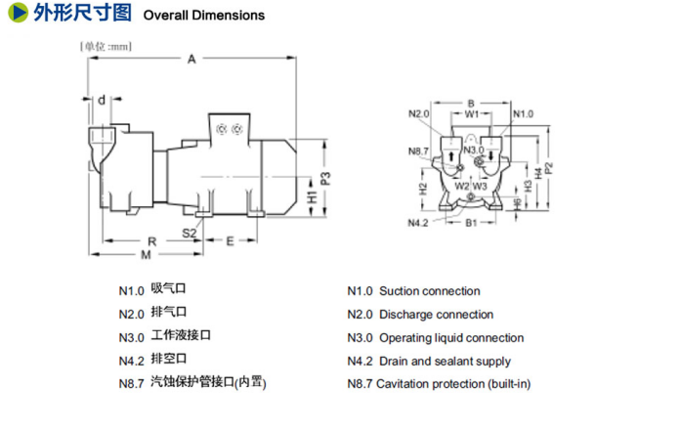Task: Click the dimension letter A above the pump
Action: point(192,61)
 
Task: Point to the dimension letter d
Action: point(102,99)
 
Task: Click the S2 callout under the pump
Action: point(189,232)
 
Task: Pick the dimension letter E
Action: point(229,239)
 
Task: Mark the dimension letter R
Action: point(151,240)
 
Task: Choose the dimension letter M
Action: point(145,256)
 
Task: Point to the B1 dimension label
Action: point(470,224)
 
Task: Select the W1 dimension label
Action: point(472,113)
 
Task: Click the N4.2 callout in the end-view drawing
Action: point(419,223)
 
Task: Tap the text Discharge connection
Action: point(436,315)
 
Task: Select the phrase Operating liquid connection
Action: point(451,338)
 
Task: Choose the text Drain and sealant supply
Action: point(445,362)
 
